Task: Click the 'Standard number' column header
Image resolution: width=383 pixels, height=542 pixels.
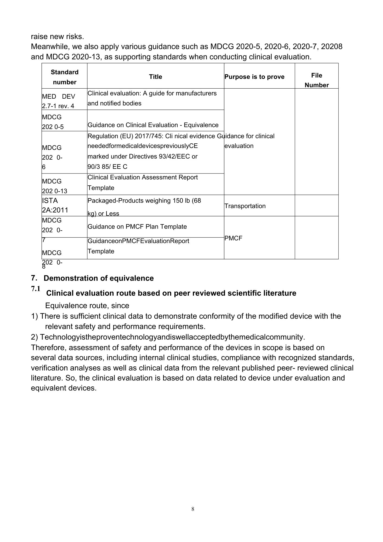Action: [x=64, y=77]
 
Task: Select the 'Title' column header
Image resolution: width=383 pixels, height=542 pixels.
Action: [x=155, y=77]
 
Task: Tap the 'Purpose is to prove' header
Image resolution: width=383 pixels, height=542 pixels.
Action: [x=254, y=77]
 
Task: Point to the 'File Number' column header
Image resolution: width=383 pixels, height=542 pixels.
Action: [x=316, y=80]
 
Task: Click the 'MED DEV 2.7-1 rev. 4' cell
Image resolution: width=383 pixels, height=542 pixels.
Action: [x=59, y=101]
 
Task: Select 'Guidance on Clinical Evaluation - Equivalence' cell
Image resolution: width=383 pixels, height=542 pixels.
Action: [x=153, y=125]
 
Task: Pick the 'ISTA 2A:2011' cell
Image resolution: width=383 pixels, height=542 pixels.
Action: [x=55, y=205]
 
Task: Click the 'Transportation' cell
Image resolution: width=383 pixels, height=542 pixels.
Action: [x=245, y=206]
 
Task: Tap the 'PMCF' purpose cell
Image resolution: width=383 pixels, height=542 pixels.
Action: [x=233, y=238]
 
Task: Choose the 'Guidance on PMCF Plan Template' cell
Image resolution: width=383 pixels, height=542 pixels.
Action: [x=137, y=227]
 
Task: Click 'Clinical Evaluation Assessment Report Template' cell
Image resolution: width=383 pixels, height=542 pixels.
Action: [x=143, y=182]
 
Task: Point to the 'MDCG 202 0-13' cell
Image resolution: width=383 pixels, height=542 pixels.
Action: [x=55, y=186]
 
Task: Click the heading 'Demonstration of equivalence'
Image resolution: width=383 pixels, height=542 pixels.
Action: [x=99, y=278]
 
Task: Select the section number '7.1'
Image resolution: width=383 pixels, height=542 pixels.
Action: [x=36, y=289]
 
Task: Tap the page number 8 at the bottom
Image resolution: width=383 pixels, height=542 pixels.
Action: [x=193, y=509]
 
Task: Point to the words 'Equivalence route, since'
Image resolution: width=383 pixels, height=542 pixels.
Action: [x=87, y=306]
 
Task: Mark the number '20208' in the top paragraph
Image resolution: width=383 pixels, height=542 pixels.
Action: [x=332, y=47]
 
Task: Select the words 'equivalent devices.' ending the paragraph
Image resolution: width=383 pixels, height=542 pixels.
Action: [x=64, y=388]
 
